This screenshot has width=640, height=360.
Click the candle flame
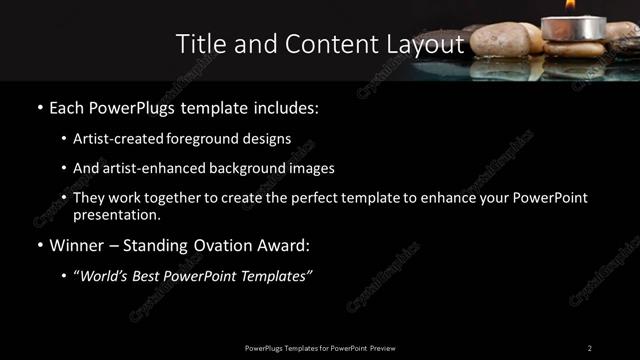(x=570, y=5)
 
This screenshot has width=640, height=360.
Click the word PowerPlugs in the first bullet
(x=131, y=106)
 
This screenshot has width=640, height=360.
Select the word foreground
(x=208, y=138)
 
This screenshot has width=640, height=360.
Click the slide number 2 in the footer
(x=589, y=347)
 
